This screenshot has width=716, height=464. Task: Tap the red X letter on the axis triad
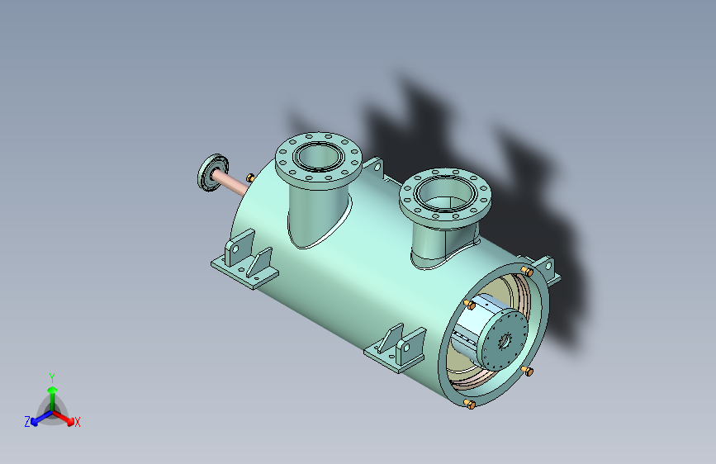(78, 422)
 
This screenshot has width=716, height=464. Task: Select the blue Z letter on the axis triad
(27, 421)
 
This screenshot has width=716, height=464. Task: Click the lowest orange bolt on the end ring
(469, 404)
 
